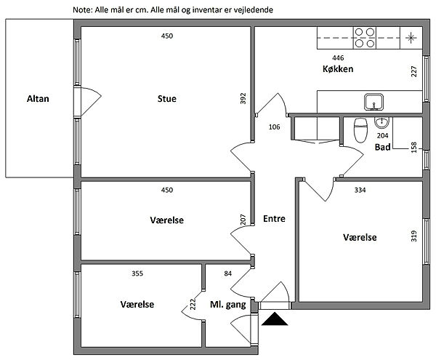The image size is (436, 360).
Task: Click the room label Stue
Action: tap(166, 98)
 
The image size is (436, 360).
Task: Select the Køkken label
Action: tap(338, 69)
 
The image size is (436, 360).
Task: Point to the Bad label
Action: tap(382, 147)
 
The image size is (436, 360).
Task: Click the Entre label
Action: tap(274, 218)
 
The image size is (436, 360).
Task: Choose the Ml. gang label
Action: tap(228, 305)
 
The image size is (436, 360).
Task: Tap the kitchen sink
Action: tap(374, 100)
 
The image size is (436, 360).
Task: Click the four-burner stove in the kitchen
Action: tap(365, 36)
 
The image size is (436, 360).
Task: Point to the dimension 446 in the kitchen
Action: tap(338, 57)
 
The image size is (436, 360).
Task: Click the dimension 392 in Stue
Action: tap(244, 99)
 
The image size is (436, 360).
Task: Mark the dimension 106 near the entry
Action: tap(274, 127)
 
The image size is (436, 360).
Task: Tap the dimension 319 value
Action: tap(413, 237)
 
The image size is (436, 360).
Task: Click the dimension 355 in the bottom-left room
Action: tap(137, 274)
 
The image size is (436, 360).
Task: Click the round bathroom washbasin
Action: tap(382, 121)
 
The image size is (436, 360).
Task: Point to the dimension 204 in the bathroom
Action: tap(383, 135)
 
